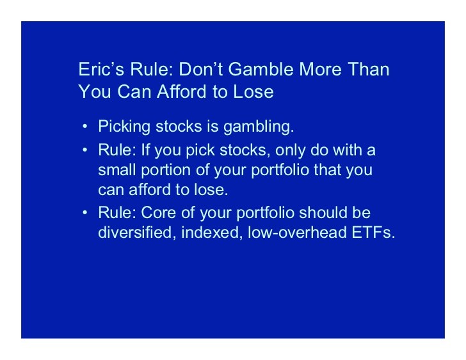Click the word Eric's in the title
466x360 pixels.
[x=101, y=69]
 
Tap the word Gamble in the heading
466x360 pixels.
[x=261, y=69]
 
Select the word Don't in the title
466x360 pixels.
[x=200, y=69]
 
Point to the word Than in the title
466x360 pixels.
[x=369, y=69]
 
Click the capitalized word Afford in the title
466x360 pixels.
[x=182, y=91]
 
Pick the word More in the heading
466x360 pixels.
[x=320, y=69]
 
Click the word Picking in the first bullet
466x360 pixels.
[x=124, y=127]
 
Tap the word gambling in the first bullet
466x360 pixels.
[x=259, y=127]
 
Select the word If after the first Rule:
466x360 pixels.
[x=145, y=150]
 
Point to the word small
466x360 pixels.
[x=117, y=169]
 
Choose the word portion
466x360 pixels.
[x=166, y=170]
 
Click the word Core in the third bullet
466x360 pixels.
[x=158, y=212]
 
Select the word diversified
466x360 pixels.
[x=135, y=232]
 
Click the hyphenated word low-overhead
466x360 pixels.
[x=297, y=232]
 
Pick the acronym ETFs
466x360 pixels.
[x=373, y=232]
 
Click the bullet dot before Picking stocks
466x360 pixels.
[x=85, y=127]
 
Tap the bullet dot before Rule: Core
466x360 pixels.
[x=85, y=212]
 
